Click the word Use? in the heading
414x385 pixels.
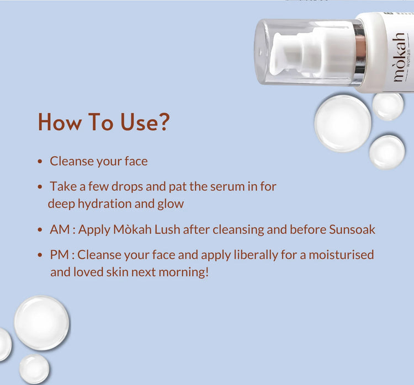tap(145, 122)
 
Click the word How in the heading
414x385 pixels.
tap(60, 122)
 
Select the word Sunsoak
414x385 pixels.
tap(352, 229)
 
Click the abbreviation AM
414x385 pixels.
tap(60, 229)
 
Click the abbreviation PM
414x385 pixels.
tap(59, 255)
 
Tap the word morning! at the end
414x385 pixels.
tap(184, 272)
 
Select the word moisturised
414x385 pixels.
tap(341, 255)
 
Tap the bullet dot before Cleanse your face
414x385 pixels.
tap(40, 161)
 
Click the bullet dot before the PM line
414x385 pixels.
tap(40, 255)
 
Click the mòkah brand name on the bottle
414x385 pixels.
tap(399, 57)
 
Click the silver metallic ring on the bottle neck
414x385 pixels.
tap(360, 52)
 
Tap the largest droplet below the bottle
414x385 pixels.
tap(343, 124)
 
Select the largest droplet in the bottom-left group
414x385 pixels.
tap(42, 323)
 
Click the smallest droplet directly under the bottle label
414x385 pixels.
tap(388, 106)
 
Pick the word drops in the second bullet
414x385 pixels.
tap(128, 187)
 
